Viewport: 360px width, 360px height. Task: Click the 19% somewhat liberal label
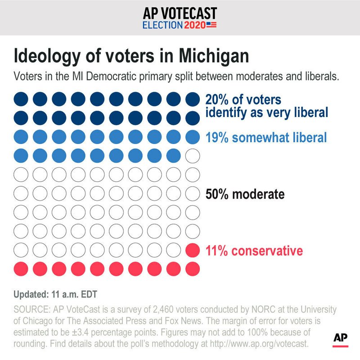pos(266,137)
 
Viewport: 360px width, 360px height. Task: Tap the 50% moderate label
pos(245,194)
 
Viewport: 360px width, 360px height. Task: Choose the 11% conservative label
pos(254,250)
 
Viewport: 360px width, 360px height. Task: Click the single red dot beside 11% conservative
pos(193,250)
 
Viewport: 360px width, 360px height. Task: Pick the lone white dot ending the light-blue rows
pos(193,156)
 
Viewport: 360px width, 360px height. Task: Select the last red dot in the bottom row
pos(193,269)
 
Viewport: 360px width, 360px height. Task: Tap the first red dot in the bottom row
pos(21,269)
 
